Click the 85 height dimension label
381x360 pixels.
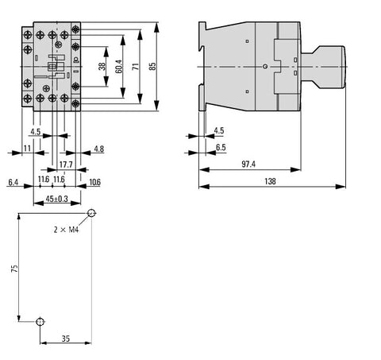click(152, 67)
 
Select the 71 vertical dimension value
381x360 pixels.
click(136, 67)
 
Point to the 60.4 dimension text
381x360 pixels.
click(119, 66)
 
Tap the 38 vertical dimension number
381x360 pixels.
click(102, 67)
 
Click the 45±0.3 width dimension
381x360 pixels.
click(57, 199)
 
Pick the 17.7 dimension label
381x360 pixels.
click(66, 165)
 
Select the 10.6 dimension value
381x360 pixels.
click(95, 182)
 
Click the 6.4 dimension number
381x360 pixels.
click(13, 182)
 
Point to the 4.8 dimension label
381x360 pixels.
click(99, 149)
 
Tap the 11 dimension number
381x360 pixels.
click(27, 149)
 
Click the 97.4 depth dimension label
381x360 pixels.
click(248, 165)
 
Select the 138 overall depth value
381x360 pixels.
click(270, 181)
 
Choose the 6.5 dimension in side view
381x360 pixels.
click(221, 148)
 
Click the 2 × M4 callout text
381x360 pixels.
click(66, 230)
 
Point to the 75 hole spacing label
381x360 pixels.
click(15, 269)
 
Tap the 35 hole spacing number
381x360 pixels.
click(66, 339)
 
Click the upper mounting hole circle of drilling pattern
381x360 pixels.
click(91, 213)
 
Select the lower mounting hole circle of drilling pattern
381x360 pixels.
click(40, 322)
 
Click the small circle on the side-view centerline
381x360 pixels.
click(265, 67)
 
